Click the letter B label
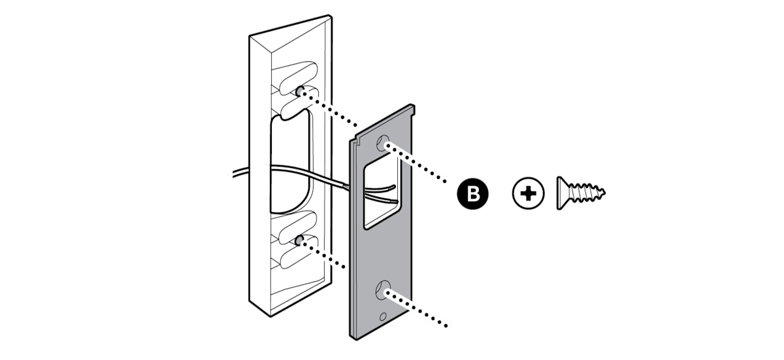(474, 194)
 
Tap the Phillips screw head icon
(529, 194)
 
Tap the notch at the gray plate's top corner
(357, 140)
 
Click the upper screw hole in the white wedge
(299, 91)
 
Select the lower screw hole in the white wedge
(298, 241)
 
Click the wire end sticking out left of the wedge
(235, 174)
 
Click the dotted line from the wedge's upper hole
(333, 108)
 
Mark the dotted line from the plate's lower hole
(418, 309)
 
